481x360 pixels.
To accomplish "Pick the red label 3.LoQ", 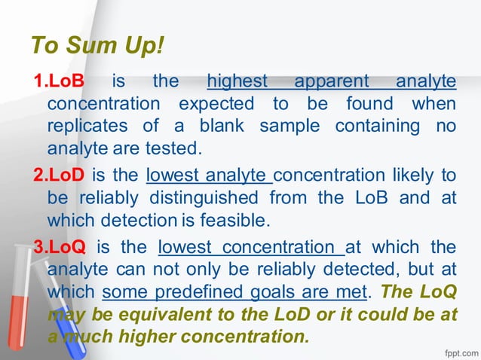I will point(60,248).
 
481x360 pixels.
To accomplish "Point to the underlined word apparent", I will point(332,81).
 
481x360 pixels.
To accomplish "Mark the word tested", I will point(176,147).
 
